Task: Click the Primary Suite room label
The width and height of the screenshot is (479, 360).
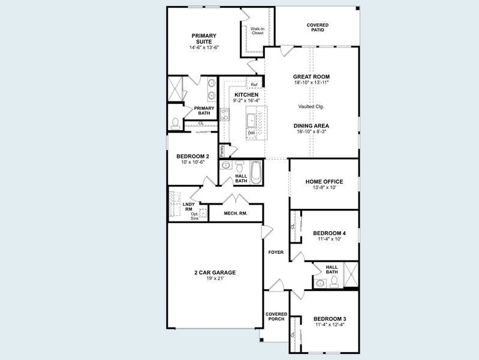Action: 204,38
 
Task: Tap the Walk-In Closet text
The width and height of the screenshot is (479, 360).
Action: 257,31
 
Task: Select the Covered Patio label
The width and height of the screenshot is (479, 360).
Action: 318,27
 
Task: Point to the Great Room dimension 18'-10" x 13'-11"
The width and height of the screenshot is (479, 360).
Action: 311,83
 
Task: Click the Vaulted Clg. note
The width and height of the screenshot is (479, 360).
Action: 311,106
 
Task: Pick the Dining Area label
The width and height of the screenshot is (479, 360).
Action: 311,126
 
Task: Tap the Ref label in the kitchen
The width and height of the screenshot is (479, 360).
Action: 254,85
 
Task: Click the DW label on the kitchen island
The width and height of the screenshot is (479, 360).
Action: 251,133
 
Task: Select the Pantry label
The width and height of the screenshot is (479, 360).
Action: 222,151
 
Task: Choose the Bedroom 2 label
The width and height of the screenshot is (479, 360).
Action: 192,156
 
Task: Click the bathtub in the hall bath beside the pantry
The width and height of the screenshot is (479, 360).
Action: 257,173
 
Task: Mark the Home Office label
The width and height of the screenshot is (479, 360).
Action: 324,181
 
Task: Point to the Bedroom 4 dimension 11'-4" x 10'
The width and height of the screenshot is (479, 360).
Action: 329,239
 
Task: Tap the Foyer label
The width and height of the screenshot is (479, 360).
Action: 276,252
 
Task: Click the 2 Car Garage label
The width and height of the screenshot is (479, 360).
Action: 215,272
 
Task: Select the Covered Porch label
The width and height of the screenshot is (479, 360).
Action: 276,316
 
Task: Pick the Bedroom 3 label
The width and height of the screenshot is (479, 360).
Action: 329,318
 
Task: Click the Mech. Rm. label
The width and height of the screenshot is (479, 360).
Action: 236,213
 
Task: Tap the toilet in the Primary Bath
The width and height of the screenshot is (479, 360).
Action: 175,123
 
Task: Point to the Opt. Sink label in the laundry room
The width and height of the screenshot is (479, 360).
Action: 195,216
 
